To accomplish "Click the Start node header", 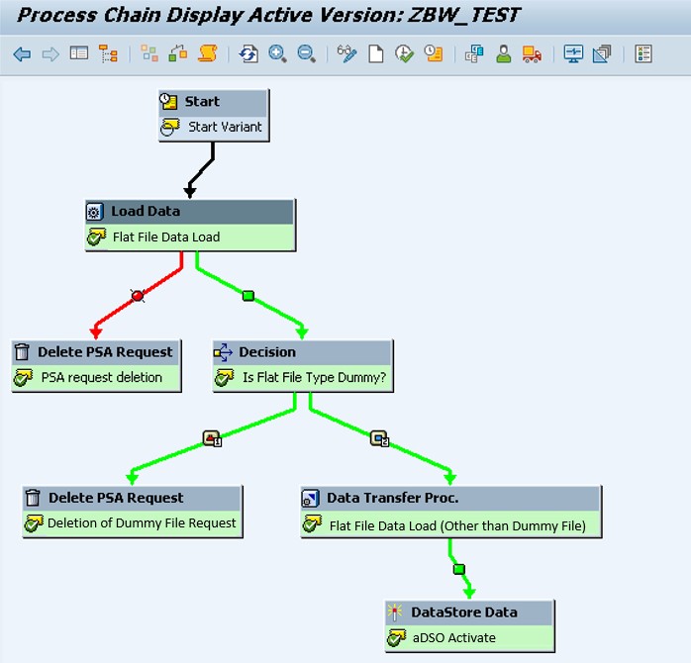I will (213, 102).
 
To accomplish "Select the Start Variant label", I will (225, 128).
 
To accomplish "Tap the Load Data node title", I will (145, 211).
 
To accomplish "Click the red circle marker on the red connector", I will (138, 295).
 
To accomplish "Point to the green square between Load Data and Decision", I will (247, 295).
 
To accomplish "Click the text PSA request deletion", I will (101, 378).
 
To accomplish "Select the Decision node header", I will (266, 352).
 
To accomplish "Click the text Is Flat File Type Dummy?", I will (314, 378).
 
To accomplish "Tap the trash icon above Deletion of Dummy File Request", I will (34, 498).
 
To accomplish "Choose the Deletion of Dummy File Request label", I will (142, 523).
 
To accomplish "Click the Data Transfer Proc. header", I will (392, 498).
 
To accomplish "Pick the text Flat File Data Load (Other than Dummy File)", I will (457, 525).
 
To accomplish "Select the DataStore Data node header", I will (463, 613).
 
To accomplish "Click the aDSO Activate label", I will (453, 638).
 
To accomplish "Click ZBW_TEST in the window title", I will (463, 15).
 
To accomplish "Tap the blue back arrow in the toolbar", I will (22, 54).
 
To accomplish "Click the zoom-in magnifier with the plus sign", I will (277, 54).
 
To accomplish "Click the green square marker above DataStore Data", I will (458, 569).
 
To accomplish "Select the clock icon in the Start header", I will (169, 102).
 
